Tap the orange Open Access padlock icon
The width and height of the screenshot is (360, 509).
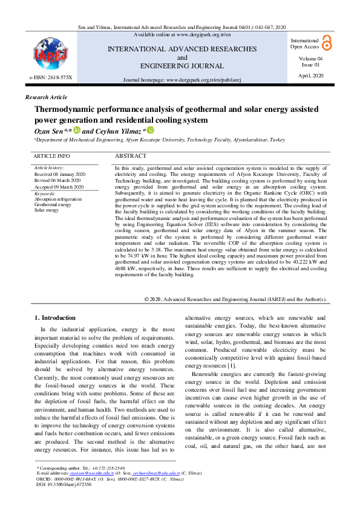click(327, 42)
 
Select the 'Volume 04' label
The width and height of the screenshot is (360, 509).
click(311, 58)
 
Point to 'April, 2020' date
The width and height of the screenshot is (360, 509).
click(311, 75)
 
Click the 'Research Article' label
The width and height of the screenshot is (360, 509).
click(46, 97)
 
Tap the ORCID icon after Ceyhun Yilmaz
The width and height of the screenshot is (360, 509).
click(150, 130)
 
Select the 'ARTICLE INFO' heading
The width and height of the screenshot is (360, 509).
click(51, 156)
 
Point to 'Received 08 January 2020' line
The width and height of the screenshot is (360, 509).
click(60, 173)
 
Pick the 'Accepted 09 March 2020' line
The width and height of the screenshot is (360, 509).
click(59, 187)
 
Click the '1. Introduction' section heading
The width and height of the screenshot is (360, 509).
click(55, 317)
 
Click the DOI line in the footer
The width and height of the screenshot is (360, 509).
click(64, 484)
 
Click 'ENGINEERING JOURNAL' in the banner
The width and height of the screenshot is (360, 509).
click(182, 66)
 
